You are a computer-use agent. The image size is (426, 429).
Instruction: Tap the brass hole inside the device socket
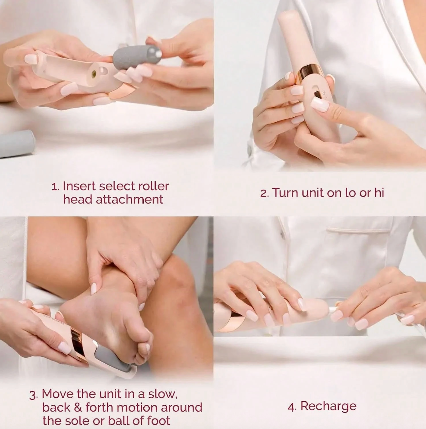point(94,74)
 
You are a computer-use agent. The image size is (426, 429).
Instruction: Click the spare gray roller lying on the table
point(16,144)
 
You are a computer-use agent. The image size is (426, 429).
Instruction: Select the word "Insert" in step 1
point(79,186)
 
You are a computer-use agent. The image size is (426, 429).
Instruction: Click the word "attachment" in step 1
point(129,199)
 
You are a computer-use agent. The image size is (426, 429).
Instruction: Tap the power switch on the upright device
point(318,94)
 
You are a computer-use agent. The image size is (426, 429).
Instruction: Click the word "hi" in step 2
point(379,192)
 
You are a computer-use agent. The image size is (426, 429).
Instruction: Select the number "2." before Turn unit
point(264,193)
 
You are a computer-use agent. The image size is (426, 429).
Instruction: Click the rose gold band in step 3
point(79,344)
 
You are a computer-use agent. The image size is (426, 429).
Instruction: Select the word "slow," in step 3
point(163,394)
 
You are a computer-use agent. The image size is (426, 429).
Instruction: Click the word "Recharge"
point(328,406)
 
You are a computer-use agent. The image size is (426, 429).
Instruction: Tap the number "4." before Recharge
point(292,407)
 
